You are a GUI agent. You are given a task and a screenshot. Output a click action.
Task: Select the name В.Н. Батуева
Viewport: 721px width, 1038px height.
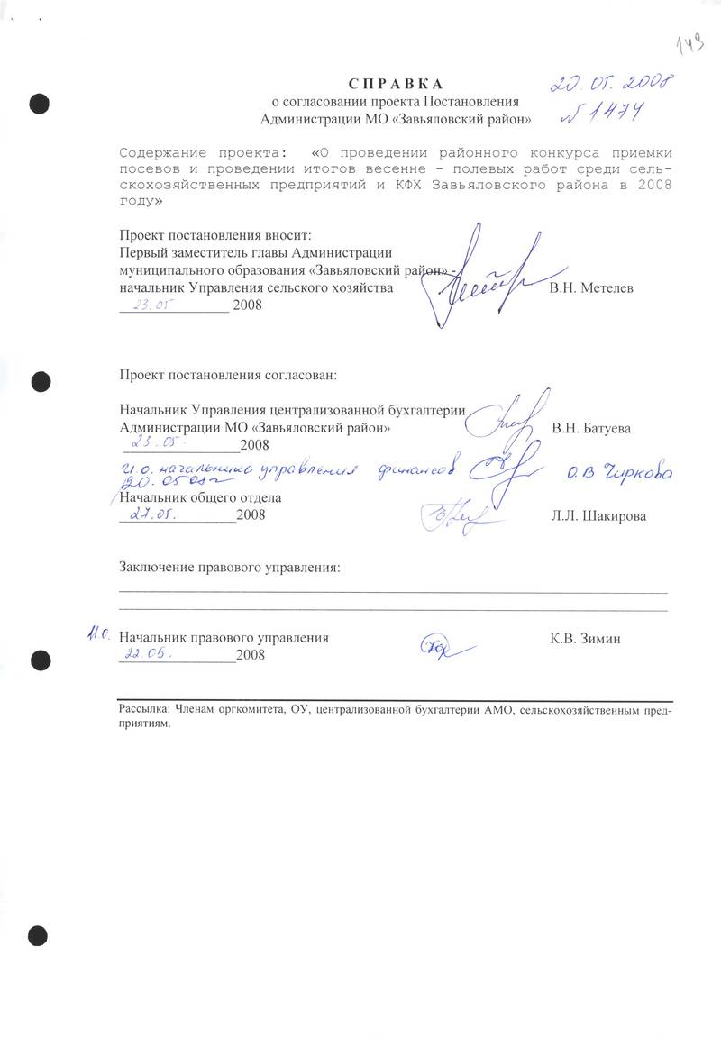(591, 428)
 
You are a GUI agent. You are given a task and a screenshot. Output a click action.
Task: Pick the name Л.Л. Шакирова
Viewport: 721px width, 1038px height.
(598, 516)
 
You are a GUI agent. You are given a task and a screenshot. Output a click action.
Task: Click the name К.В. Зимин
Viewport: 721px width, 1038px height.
(585, 639)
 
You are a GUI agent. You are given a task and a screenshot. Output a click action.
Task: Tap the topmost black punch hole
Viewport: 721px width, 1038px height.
(38, 102)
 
